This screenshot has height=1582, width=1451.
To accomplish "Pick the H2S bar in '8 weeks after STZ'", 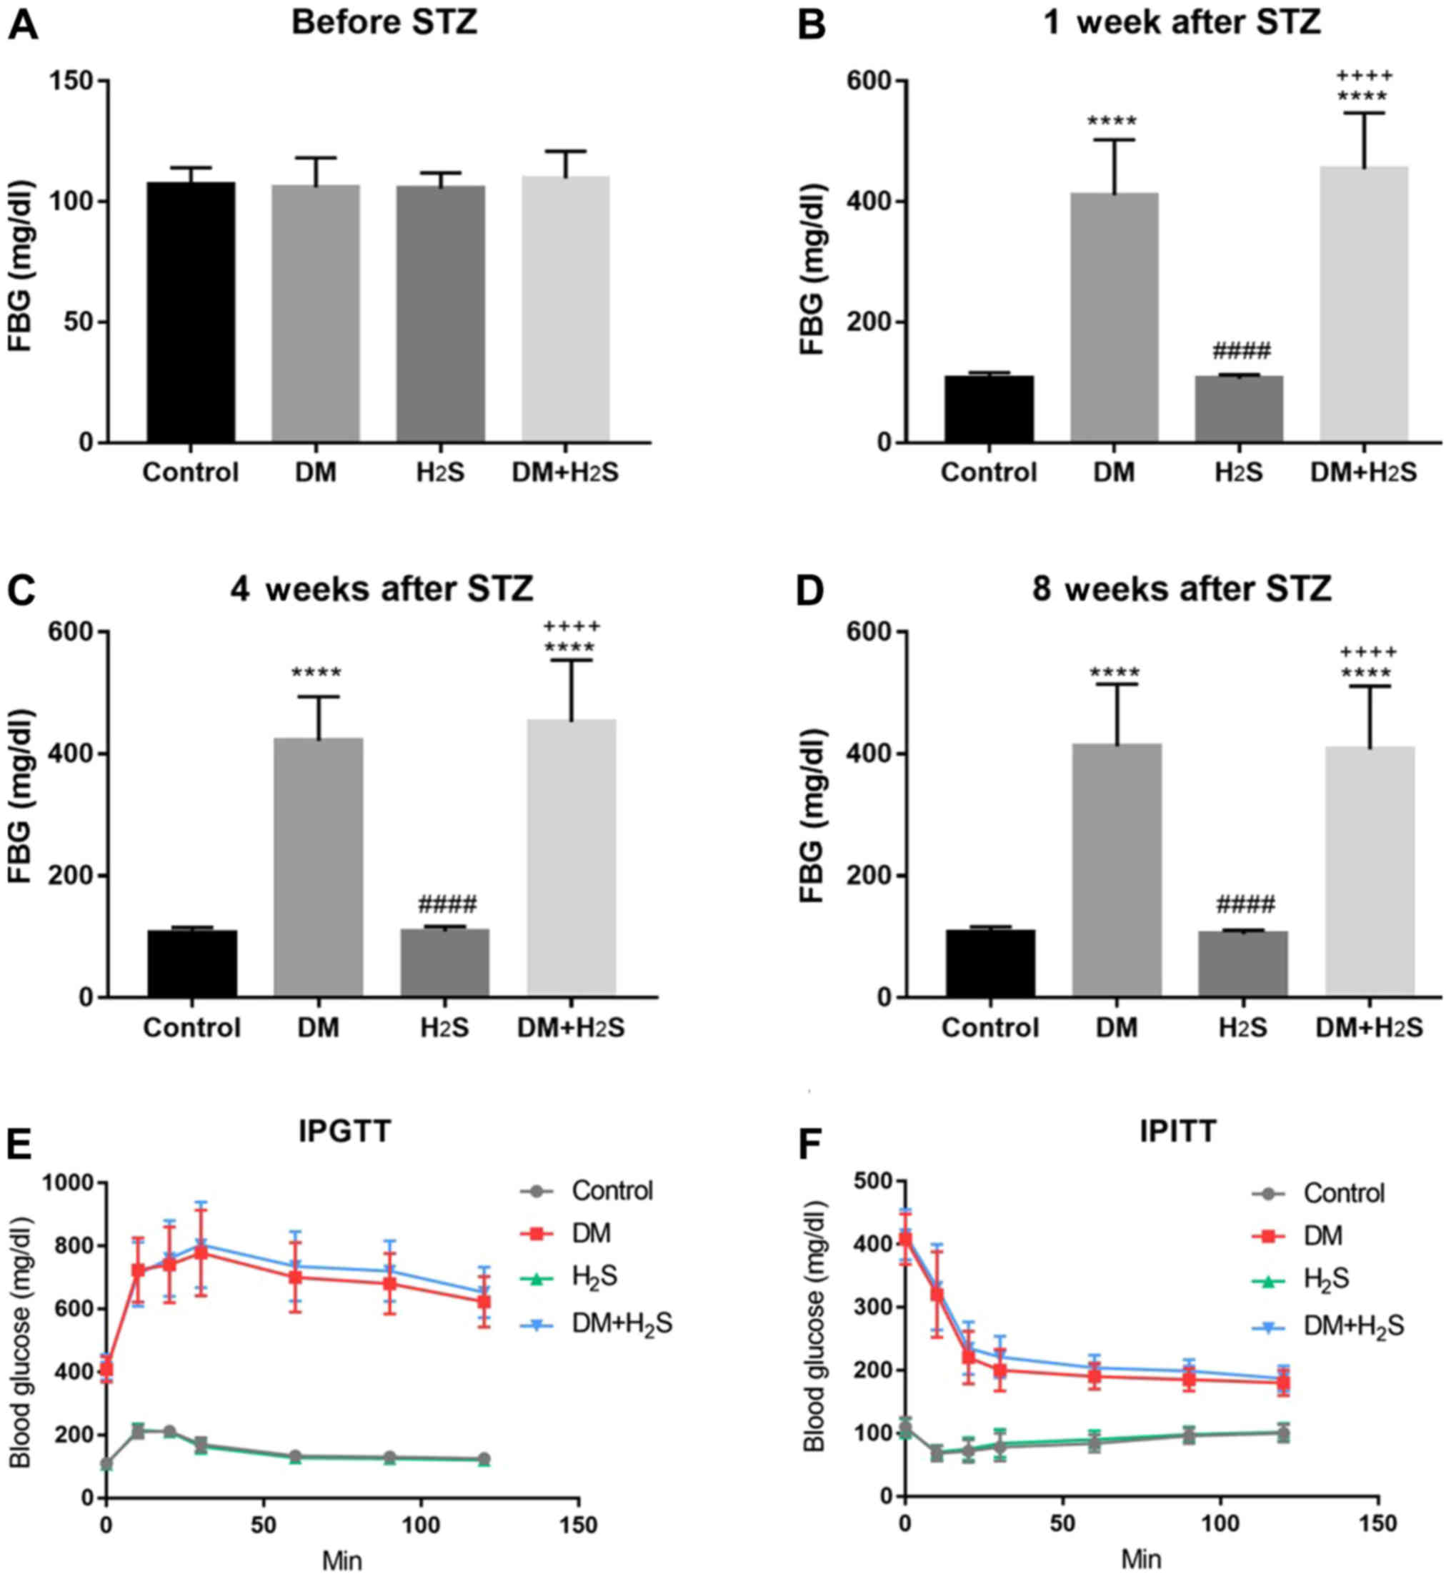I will (x=1242, y=964).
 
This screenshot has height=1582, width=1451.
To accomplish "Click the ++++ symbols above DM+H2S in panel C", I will (x=572, y=627).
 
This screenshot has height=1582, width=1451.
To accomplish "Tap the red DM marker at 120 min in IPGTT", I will (x=484, y=1301).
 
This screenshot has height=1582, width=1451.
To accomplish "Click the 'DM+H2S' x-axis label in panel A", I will (x=564, y=473).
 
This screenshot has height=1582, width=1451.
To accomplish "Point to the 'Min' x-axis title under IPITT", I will (x=1141, y=1558).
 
